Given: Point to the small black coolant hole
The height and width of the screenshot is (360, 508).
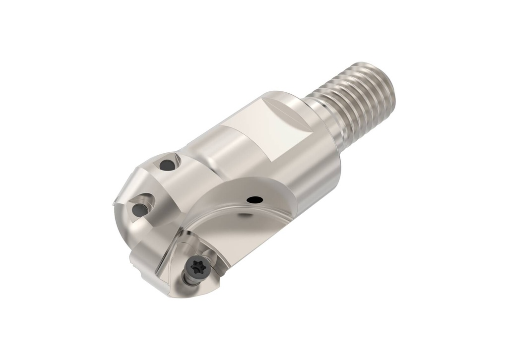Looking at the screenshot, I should click(255, 200).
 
